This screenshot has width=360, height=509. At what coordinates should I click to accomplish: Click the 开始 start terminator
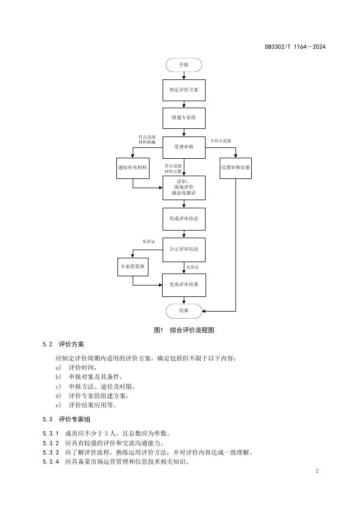pos(184,65)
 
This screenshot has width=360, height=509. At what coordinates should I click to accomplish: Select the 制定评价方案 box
pos(184,90)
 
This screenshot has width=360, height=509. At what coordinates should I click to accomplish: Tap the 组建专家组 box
pos(184,117)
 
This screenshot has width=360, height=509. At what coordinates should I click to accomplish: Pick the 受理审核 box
pos(184,147)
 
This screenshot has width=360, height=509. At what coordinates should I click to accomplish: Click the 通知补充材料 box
pos(132,167)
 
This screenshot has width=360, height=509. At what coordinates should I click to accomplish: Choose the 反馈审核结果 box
pos(235,167)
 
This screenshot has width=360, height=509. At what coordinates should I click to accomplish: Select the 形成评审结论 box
pos(184,219)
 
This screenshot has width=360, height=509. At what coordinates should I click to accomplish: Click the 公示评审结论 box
pos(184,249)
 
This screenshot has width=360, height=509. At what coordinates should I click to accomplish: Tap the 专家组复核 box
pos(132,266)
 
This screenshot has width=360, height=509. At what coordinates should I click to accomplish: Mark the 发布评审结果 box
pos(184,284)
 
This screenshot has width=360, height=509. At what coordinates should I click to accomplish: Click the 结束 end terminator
pos(184,311)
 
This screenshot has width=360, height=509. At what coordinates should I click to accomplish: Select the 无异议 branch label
pos(192,267)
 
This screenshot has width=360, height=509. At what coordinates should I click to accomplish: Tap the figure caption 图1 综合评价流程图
pos(180,330)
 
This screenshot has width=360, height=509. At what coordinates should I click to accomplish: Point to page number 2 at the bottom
pos(317,470)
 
